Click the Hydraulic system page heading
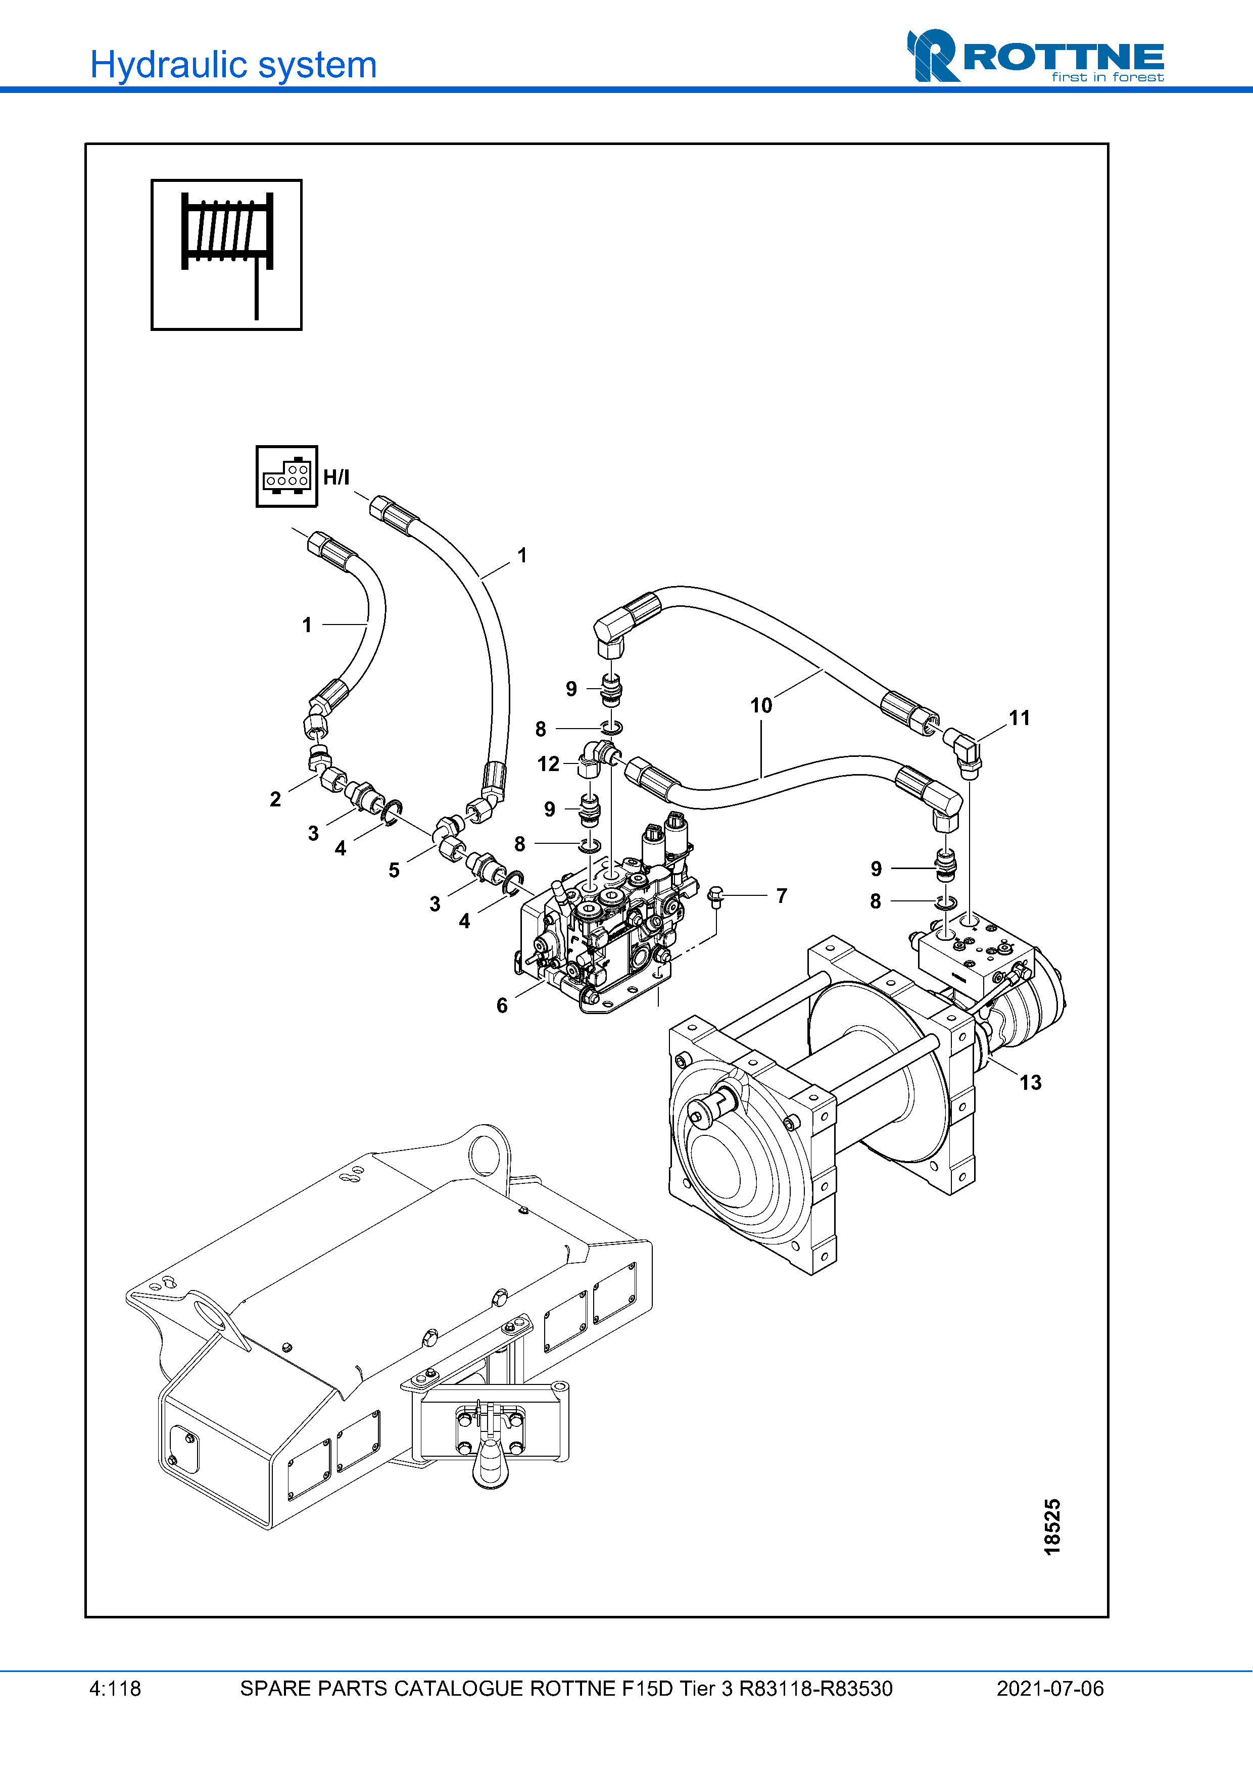coord(233,65)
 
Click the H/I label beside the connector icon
coord(336,477)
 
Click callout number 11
coord(1019,718)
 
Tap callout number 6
coord(502,1005)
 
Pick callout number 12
coord(548,764)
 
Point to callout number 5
coord(394,870)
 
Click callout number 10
coord(761,705)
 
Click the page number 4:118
coord(115,1689)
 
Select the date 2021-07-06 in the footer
coord(1050,1689)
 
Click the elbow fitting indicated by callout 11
coord(963,749)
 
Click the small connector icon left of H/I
coord(286,476)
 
